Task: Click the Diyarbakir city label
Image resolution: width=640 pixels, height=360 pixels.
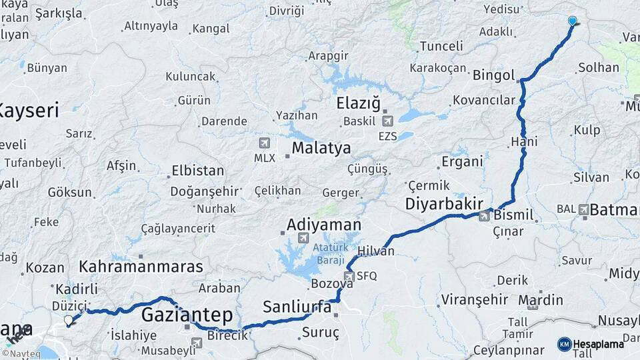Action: (444, 204)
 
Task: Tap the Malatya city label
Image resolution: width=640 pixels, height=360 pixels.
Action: (321, 147)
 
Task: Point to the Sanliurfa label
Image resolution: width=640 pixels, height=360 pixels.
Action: (297, 307)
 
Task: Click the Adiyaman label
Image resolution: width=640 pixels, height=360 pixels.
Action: (324, 225)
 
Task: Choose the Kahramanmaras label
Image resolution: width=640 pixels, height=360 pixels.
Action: (141, 267)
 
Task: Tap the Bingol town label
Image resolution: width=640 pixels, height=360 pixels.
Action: (494, 75)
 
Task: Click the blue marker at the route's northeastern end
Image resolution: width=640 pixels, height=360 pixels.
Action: (572, 21)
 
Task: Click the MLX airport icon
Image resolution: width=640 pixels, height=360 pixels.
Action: (265, 143)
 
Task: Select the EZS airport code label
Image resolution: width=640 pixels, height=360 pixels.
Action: (387, 136)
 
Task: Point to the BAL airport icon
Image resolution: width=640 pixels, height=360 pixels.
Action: (584, 209)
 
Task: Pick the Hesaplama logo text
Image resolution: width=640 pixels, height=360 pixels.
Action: (598, 344)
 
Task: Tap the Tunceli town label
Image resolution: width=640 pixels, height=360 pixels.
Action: (441, 46)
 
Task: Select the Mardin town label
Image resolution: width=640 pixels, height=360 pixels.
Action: (535, 301)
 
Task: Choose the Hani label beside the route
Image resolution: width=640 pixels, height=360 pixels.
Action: (524, 141)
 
